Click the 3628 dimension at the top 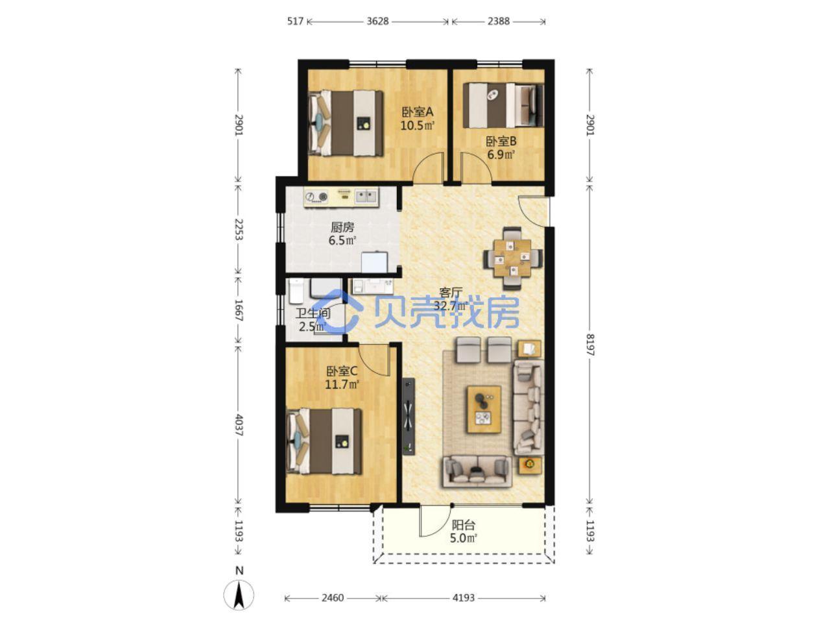click(x=377, y=21)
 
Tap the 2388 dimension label click(x=498, y=21)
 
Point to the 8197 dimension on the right click(x=590, y=344)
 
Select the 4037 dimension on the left click(x=239, y=425)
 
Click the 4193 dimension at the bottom click(x=463, y=598)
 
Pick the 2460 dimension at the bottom click(x=333, y=598)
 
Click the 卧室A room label click(x=417, y=112)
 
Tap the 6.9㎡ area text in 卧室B click(x=501, y=154)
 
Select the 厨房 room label click(x=342, y=227)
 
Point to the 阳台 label click(x=463, y=525)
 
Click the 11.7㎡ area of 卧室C click(x=342, y=385)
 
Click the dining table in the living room click(x=513, y=258)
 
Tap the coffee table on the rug click(x=484, y=409)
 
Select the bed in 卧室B click(x=503, y=105)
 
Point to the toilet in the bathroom click(x=296, y=291)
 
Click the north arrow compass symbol click(x=239, y=594)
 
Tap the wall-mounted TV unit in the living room click(x=409, y=416)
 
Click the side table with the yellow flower click(x=529, y=465)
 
